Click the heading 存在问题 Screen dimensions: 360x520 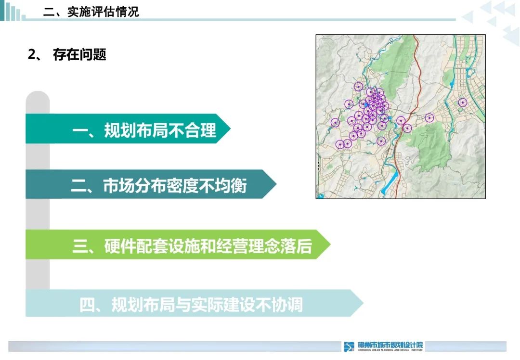tap(79, 55)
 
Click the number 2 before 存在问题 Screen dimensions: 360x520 tap(32, 55)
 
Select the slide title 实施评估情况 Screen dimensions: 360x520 tap(103, 12)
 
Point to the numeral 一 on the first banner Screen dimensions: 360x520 tap(80, 129)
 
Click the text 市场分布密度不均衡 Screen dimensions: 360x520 tap(175, 185)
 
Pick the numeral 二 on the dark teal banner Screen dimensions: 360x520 tap(78, 185)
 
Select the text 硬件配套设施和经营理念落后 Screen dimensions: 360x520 tap(208, 245)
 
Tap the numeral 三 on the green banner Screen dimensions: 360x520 tap(80, 245)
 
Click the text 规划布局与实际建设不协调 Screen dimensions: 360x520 tap(207, 305)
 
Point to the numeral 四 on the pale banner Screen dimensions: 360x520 tap(87, 305)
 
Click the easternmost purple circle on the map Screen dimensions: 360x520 tap(463, 102)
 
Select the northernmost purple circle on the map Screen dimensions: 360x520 tap(358, 87)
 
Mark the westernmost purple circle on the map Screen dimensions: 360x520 tap(335, 123)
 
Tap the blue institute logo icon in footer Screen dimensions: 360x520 tap(349, 346)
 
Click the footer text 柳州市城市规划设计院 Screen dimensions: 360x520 tap(390, 345)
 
